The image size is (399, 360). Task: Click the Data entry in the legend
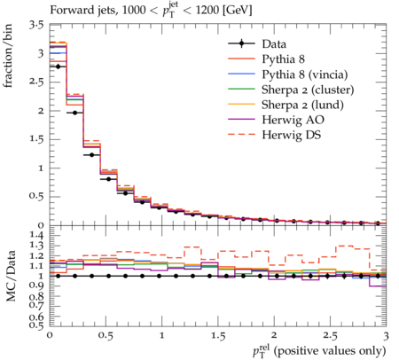[x=274, y=44]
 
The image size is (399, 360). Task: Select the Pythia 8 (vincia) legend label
[x=305, y=74]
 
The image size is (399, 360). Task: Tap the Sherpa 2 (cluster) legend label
[x=308, y=90]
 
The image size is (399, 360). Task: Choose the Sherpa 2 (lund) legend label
[x=302, y=105]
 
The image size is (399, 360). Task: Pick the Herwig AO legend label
[x=293, y=120]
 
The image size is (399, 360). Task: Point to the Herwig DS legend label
[x=292, y=135]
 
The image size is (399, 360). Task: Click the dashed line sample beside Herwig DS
[x=241, y=134]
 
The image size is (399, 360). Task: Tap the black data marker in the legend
[x=241, y=43]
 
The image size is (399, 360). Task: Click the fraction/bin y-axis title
[x=7, y=56]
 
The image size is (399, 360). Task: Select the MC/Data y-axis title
[x=11, y=276]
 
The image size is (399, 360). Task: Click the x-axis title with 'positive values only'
[x=319, y=350]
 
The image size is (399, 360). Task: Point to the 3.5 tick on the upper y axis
[x=36, y=26]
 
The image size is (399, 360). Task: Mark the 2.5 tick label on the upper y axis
[x=36, y=82]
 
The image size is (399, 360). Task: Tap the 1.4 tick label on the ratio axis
[x=36, y=235]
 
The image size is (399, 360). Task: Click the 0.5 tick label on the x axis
[x=106, y=336]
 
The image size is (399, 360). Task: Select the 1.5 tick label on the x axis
[x=218, y=336]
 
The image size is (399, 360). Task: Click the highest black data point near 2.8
[x=58, y=67]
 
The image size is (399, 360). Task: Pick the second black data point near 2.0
[x=74, y=113]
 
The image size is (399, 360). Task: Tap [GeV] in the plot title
[x=237, y=11]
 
